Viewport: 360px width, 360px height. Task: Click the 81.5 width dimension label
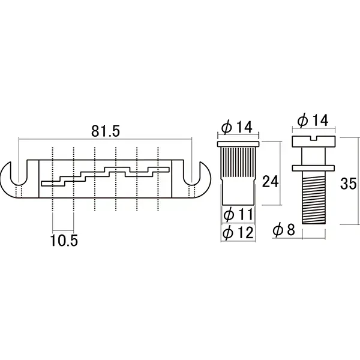click(106, 131)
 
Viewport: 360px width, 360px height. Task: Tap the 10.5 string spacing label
click(64, 241)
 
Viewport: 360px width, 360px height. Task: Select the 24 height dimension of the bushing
click(270, 182)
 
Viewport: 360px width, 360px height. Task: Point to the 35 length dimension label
click(348, 184)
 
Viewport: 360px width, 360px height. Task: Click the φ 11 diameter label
click(238, 215)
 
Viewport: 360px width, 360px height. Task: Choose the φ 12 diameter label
click(238, 232)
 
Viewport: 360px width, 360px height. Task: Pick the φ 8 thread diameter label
click(284, 230)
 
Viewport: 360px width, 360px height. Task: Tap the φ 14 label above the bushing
click(237, 127)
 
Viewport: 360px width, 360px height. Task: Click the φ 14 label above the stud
click(313, 120)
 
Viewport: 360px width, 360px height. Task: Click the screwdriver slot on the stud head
click(314, 138)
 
